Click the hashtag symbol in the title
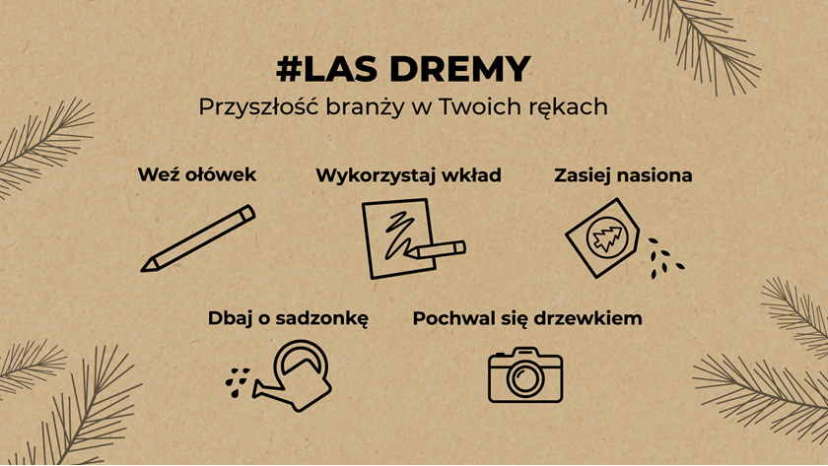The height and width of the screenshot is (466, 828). [x=289, y=69]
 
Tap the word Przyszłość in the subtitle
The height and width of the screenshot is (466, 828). [x=258, y=107]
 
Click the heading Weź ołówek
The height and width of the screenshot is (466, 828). [x=197, y=174]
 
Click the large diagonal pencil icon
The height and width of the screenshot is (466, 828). [x=198, y=238]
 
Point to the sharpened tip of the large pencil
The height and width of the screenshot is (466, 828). [x=143, y=270]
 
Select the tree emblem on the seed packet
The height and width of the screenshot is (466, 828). [x=607, y=238]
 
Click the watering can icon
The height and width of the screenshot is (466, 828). [x=292, y=375]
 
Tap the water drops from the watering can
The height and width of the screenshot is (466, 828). [x=237, y=382]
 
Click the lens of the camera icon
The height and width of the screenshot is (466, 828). [x=525, y=377]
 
